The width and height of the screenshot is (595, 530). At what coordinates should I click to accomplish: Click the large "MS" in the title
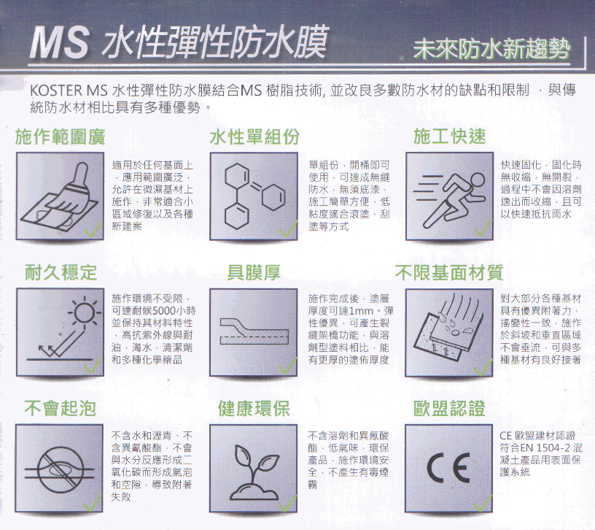click(x=60, y=42)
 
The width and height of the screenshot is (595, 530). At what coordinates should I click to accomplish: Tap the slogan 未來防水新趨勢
click(x=491, y=49)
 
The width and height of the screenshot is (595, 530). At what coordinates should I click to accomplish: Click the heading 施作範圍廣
click(x=61, y=137)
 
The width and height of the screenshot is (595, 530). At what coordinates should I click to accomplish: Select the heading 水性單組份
click(x=254, y=137)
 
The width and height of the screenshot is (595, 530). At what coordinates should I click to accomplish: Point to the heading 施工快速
click(x=450, y=137)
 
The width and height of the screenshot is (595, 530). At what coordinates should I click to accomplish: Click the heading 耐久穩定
click(x=61, y=272)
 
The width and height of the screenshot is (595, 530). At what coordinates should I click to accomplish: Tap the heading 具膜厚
click(x=254, y=272)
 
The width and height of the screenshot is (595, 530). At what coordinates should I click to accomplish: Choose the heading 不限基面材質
click(x=449, y=272)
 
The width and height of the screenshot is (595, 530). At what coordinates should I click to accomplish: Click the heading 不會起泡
click(x=60, y=408)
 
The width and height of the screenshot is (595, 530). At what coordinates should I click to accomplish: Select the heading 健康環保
click(x=254, y=408)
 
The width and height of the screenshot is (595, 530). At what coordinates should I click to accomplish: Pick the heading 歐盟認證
click(x=449, y=408)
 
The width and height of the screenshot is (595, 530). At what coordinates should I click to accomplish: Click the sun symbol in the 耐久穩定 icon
click(x=85, y=313)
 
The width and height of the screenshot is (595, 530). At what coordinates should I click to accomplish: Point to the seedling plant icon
click(x=254, y=472)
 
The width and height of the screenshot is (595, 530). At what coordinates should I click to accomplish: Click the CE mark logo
click(x=449, y=467)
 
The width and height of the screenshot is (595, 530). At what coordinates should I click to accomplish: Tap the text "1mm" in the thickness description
click(x=361, y=311)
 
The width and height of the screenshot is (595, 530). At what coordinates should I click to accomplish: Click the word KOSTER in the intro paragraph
click(x=56, y=91)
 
